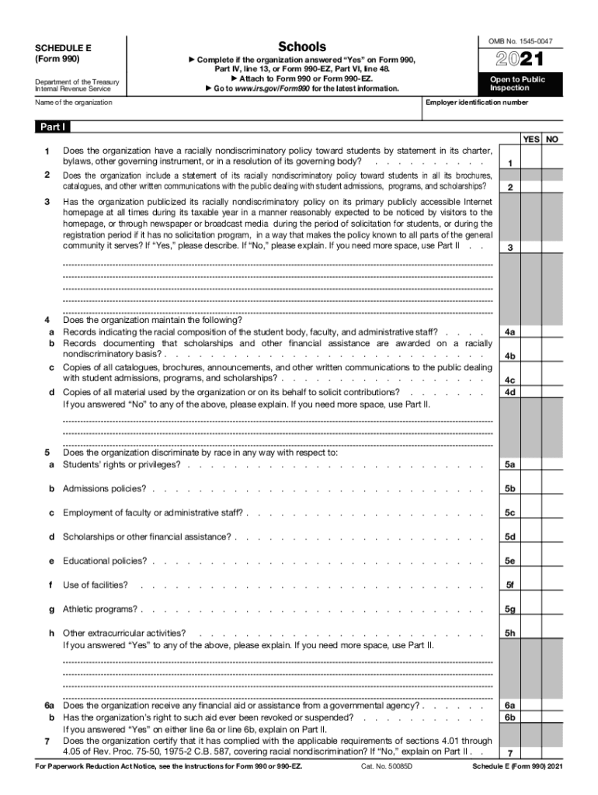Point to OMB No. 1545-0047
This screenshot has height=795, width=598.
click(526, 40)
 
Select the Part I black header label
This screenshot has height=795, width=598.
click(53, 127)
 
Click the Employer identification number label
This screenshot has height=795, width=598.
click(477, 102)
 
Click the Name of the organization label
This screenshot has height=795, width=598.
click(74, 102)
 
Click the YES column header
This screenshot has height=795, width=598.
click(531, 139)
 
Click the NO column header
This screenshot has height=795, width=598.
click(552, 139)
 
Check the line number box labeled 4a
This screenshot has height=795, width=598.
click(509, 332)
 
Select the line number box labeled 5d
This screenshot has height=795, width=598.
click(509, 536)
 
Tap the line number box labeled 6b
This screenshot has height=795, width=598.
click(509, 718)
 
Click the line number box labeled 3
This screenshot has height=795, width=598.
click(509, 247)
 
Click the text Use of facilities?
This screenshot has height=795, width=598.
click(96, 585)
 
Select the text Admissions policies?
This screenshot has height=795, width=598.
click(104, 488)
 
